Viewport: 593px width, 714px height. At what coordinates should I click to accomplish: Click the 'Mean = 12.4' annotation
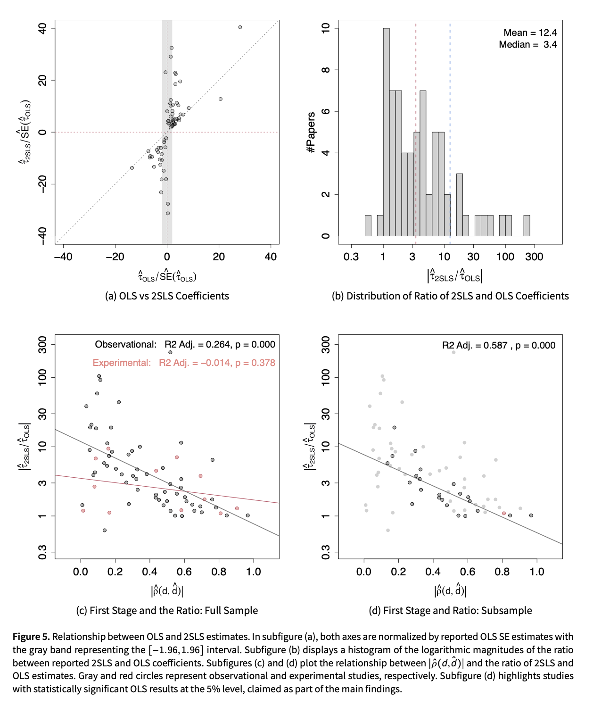530,33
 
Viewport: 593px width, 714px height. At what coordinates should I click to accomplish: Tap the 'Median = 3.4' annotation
527,45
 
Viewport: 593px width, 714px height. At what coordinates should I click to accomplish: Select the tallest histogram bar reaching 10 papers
386,132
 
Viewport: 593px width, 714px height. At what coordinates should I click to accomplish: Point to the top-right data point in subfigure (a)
240,27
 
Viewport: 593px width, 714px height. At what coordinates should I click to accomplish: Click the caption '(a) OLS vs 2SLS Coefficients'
167,296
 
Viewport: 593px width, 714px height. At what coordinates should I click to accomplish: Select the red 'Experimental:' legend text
122,363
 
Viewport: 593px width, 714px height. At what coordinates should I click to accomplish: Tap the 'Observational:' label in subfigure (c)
125,345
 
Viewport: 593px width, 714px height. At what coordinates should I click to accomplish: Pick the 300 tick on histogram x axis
534,257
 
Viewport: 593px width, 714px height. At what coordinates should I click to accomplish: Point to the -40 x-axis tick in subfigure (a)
63,257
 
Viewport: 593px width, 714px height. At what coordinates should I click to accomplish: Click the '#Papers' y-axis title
311,132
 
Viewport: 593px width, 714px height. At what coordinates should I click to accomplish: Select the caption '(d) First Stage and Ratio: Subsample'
450,611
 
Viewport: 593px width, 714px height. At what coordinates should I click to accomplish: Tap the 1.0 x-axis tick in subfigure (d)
536,572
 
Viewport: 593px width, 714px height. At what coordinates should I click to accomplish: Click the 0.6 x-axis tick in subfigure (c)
184,572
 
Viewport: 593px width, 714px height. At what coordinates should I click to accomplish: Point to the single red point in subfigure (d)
504,513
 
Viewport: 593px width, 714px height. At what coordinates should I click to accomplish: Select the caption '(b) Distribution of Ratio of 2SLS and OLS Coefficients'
450,296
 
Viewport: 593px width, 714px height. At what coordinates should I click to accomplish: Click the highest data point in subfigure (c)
170,352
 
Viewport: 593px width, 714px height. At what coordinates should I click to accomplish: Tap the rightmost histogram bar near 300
527,226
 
